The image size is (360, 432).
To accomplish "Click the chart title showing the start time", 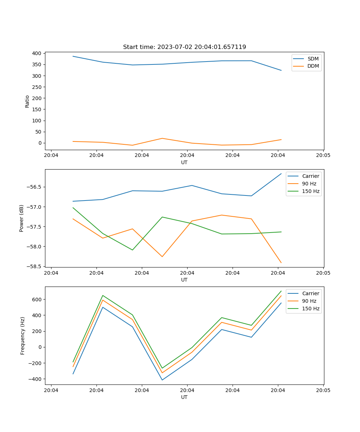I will pyautogui.click(x=184, y=47).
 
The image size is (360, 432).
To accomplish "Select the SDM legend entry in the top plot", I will pyautogui.click(x=313, y=59).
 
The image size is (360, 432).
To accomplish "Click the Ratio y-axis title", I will pyautogui.click(x=27, y=102).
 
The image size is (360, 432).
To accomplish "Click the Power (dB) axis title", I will pyautogui.click(x=22, y=218).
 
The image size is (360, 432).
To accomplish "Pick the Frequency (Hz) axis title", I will pyautogui.click(x=23, y=336).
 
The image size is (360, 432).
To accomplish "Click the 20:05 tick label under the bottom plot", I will pyautogui.click(x=323, y=390).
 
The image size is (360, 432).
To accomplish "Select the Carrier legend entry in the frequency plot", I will pyautogui.click(x=310, y=293).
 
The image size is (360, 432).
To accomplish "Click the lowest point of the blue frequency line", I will pyautogui.click(x=162, y=380).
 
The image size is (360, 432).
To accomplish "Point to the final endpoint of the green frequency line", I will pyautogui.click(x=281, y=291).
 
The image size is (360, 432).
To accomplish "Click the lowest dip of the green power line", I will pyautogui.click(x=132, y=250).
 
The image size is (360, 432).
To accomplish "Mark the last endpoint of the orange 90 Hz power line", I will pyautogui.click(x=281, y=263).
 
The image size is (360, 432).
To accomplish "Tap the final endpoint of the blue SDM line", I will pyautogui.click(x=281, y=70).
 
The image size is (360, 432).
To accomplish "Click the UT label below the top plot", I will pyautogui.click(x=184, y=162).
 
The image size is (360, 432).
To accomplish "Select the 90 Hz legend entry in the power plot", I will pyautogui.click(x=309, y=184).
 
